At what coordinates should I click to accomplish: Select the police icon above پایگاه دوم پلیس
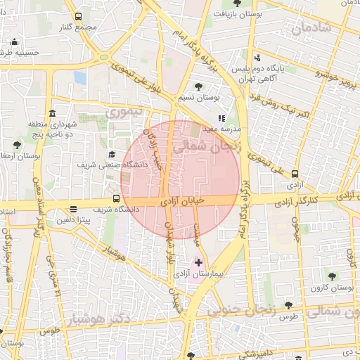[257, 58]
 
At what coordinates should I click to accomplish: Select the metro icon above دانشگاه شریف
[117, 199]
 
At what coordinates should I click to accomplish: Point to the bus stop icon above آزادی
[295, 174]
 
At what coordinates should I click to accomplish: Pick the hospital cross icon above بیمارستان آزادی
[198, 262]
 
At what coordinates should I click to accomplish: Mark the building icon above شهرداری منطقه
[53, 114]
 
